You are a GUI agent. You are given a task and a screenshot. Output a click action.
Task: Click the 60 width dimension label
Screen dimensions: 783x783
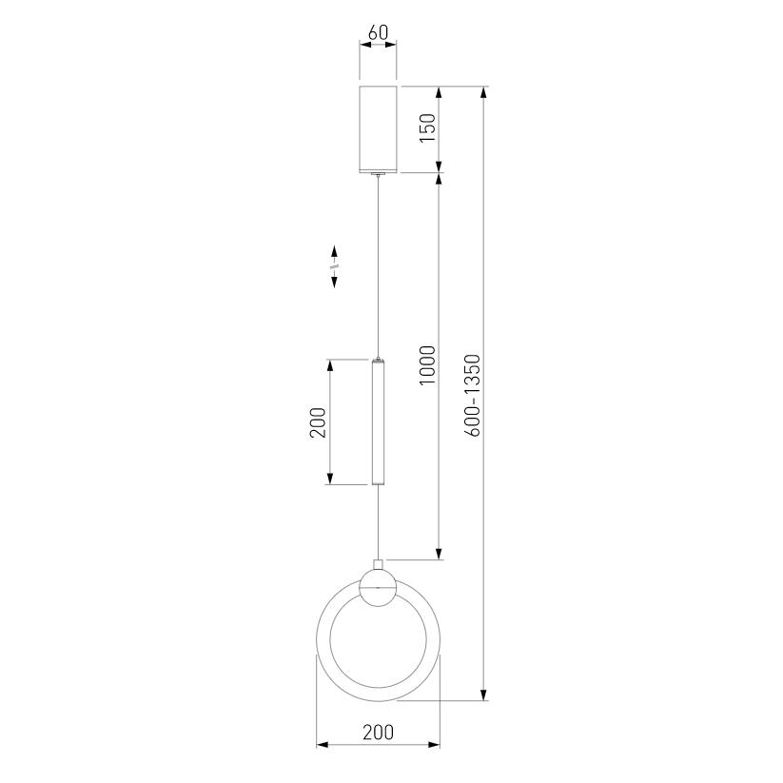378,32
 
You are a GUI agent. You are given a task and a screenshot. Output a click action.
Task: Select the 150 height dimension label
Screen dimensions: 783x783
427,127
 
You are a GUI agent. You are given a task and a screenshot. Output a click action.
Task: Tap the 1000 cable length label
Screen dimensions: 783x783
427,365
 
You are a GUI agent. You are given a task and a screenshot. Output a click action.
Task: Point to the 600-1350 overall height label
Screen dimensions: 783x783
472,396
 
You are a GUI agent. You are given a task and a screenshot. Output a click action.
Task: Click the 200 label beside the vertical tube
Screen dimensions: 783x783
318,422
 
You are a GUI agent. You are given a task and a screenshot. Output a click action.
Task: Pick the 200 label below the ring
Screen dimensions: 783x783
378,732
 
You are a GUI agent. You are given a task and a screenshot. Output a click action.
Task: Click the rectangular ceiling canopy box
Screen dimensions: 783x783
378,129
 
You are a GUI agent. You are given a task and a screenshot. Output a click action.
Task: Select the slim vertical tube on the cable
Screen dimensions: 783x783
378,422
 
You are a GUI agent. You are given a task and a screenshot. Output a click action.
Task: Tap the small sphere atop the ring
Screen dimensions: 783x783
378,588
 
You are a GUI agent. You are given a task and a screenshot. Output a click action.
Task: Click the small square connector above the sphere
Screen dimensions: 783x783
378,565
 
